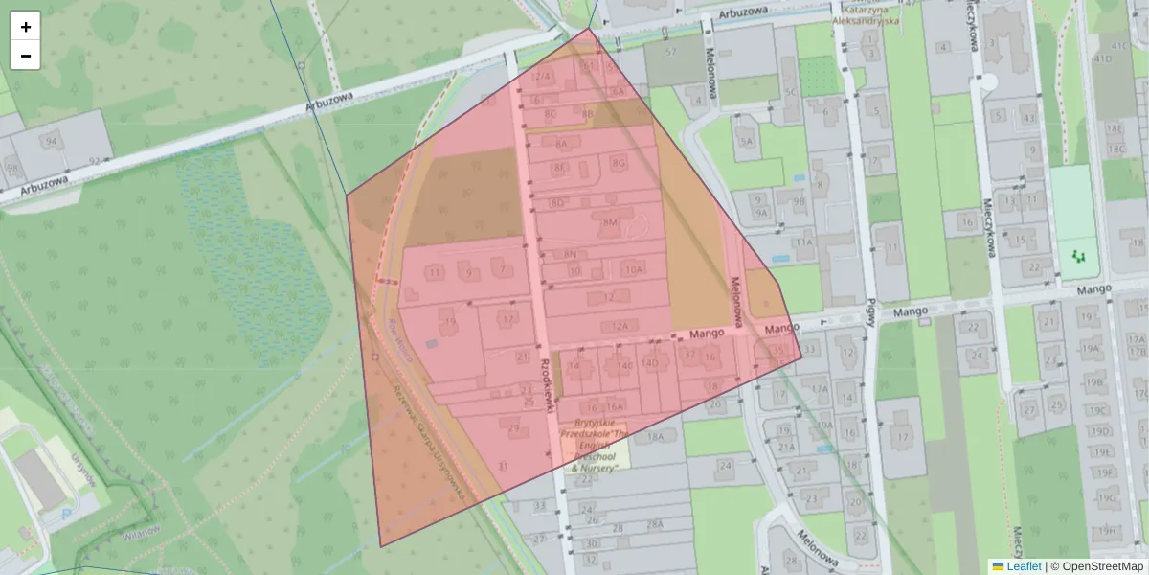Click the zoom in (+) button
click(26, 27)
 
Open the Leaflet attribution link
click(1024, 566)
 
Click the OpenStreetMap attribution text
click(1102, 566)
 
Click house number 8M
click(610, 222)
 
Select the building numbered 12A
click(620, 327)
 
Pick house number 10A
click(633, 270)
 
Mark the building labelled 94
click(51, 142)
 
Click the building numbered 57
click(670, 52)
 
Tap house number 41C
click(1119, 46)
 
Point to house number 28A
click(655, 524)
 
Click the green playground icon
click(1080, 256)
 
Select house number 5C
click(791, 92)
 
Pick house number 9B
click(800, 201)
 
